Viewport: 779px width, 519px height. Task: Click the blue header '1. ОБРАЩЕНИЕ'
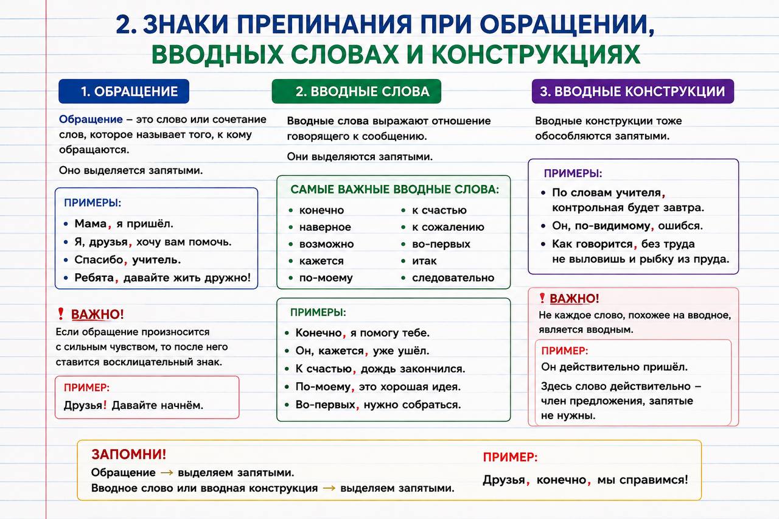[124, 91]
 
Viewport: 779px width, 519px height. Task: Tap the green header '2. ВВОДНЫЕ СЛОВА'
[357, 91]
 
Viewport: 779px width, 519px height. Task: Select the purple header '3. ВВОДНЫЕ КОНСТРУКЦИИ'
[633, 91]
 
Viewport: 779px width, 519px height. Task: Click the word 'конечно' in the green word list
[322, 211]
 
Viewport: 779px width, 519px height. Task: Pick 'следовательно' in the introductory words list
[453, 277]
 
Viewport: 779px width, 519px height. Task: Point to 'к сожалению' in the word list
[449, 227]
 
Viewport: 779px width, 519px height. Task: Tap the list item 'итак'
[424, 260]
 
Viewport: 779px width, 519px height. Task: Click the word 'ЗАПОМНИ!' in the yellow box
[129, 455]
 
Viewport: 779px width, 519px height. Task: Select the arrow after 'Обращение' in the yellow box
[167, 473]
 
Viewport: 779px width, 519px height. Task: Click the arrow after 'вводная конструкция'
[329, 488]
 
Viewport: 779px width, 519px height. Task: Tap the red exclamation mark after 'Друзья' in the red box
[105, 404]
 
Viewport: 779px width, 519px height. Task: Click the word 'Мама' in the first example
[91, 223]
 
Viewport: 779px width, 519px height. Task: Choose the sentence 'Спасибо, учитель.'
[128, 260]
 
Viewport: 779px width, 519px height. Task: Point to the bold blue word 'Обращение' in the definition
[91, 120]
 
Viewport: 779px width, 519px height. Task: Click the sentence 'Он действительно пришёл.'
[615, 367]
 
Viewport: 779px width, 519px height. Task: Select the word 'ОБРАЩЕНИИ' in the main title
[567, 24]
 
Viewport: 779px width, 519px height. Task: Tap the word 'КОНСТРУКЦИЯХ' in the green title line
[536, 54]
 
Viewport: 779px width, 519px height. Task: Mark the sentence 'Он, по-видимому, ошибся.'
[627, 226]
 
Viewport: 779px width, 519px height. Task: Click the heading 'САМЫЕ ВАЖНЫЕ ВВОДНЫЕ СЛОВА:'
[395, 189]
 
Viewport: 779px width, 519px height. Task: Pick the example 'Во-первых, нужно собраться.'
[378, 405]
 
